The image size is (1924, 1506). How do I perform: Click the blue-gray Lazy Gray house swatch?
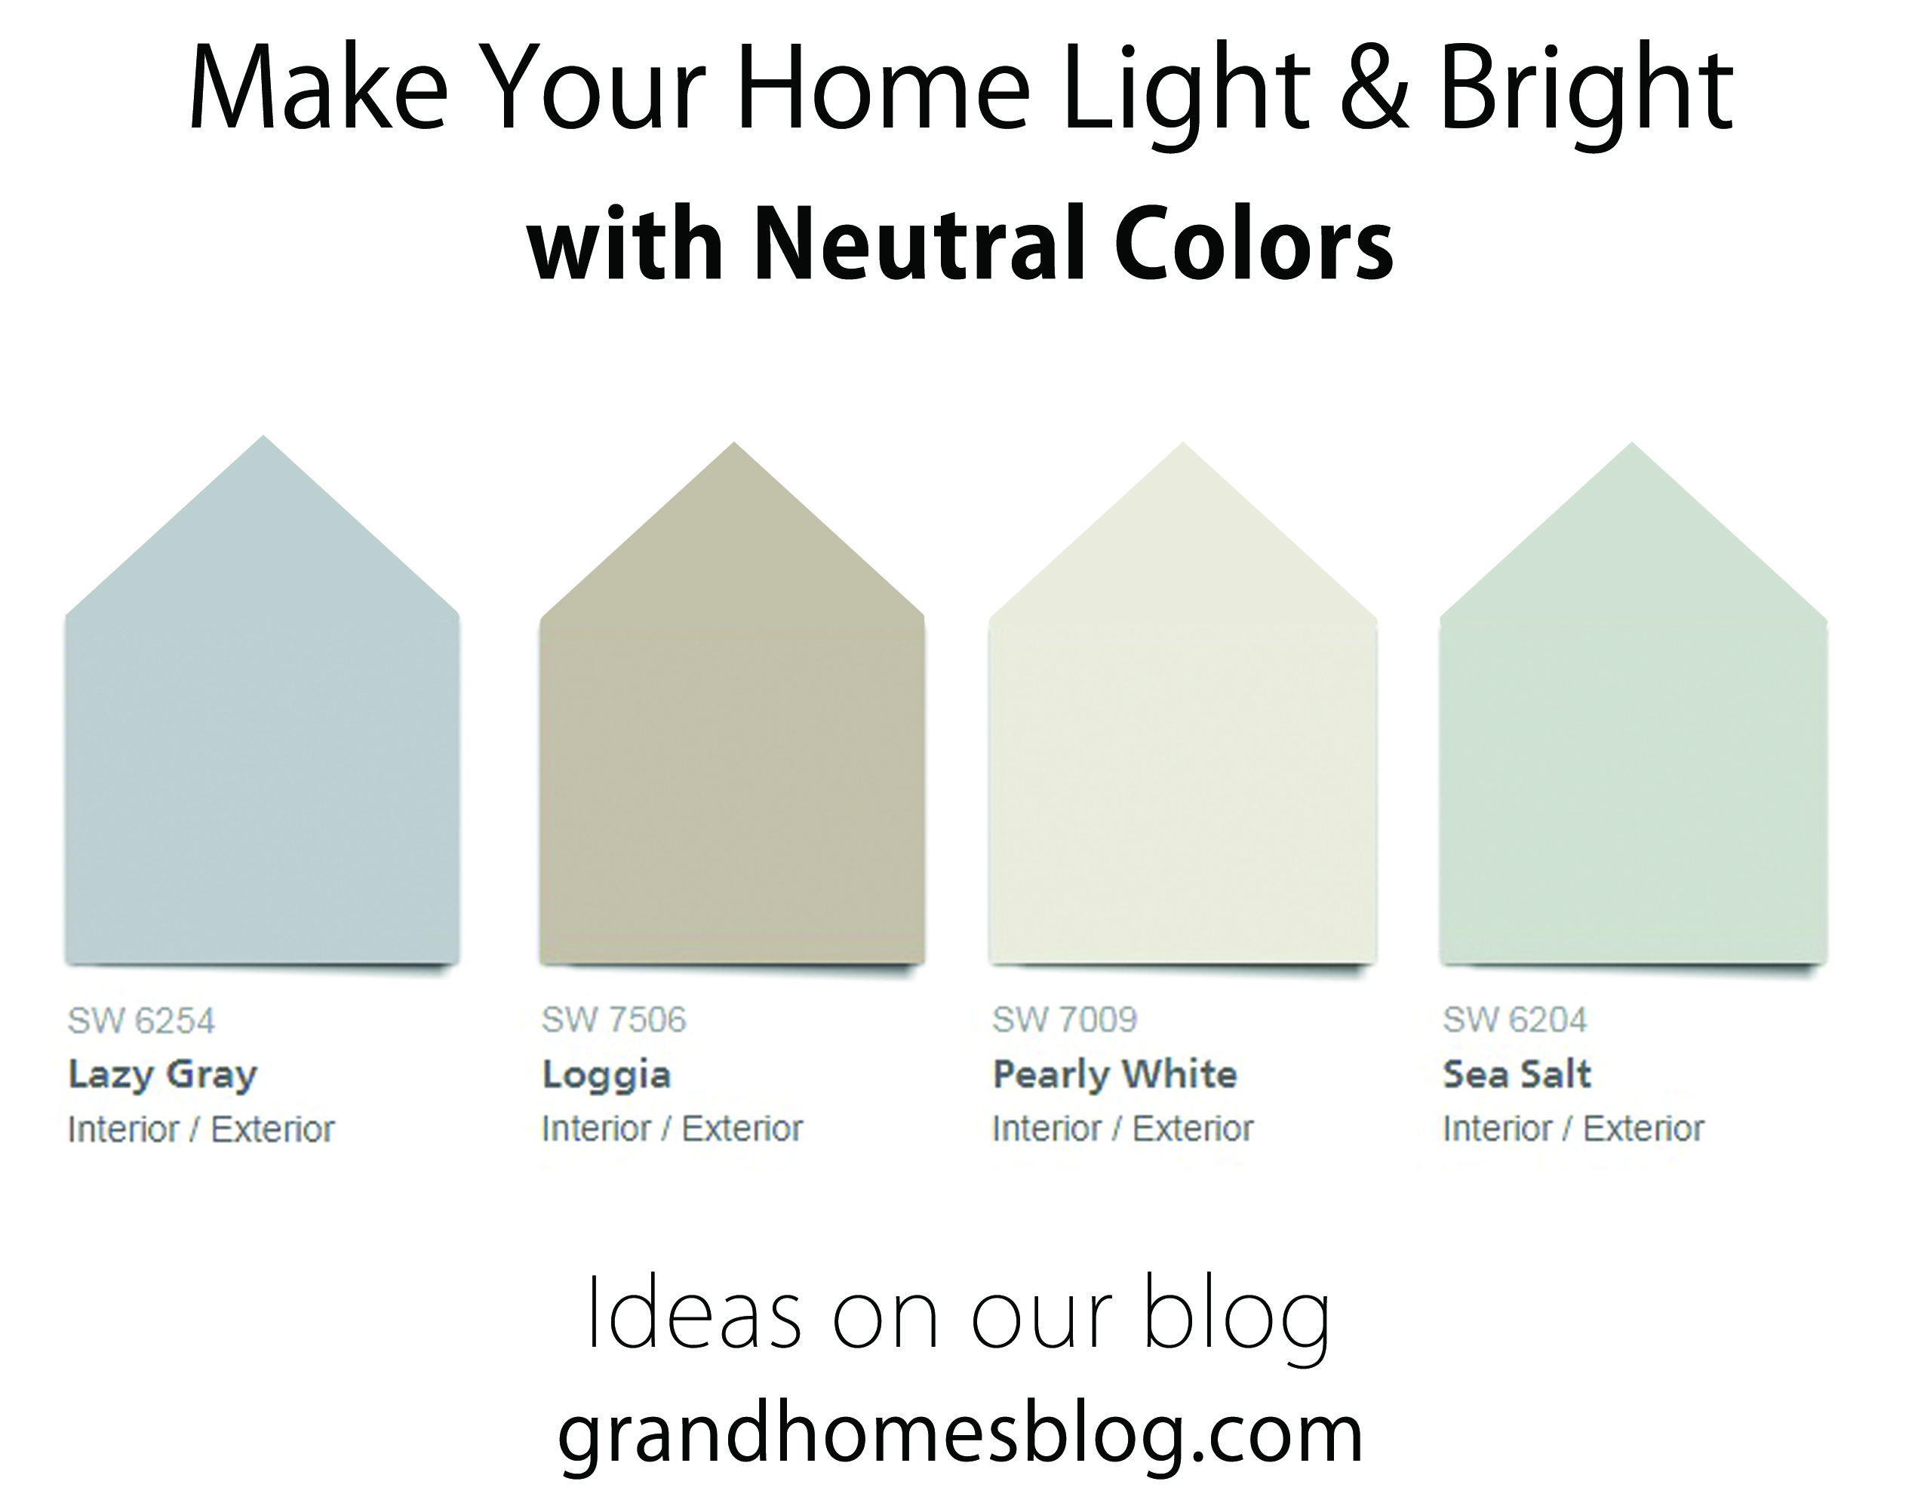(x=262, y=749)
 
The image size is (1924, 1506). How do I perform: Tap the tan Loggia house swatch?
(x=732, y=749)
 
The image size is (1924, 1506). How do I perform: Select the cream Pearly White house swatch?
(x=1182, y=749)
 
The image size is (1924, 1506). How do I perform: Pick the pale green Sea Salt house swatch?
(x=1633, y=749)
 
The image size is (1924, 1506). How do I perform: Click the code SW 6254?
(x=141, y=1021)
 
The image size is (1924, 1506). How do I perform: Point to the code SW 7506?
(x=613, y=1020)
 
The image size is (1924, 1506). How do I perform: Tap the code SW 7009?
(x=1065, y=1020)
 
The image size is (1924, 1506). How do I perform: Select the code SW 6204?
(x=1515, y=1020)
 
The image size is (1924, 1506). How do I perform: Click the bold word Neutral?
(x=921, y=241)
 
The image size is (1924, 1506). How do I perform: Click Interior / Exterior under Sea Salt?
(x=1573, y=1129)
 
